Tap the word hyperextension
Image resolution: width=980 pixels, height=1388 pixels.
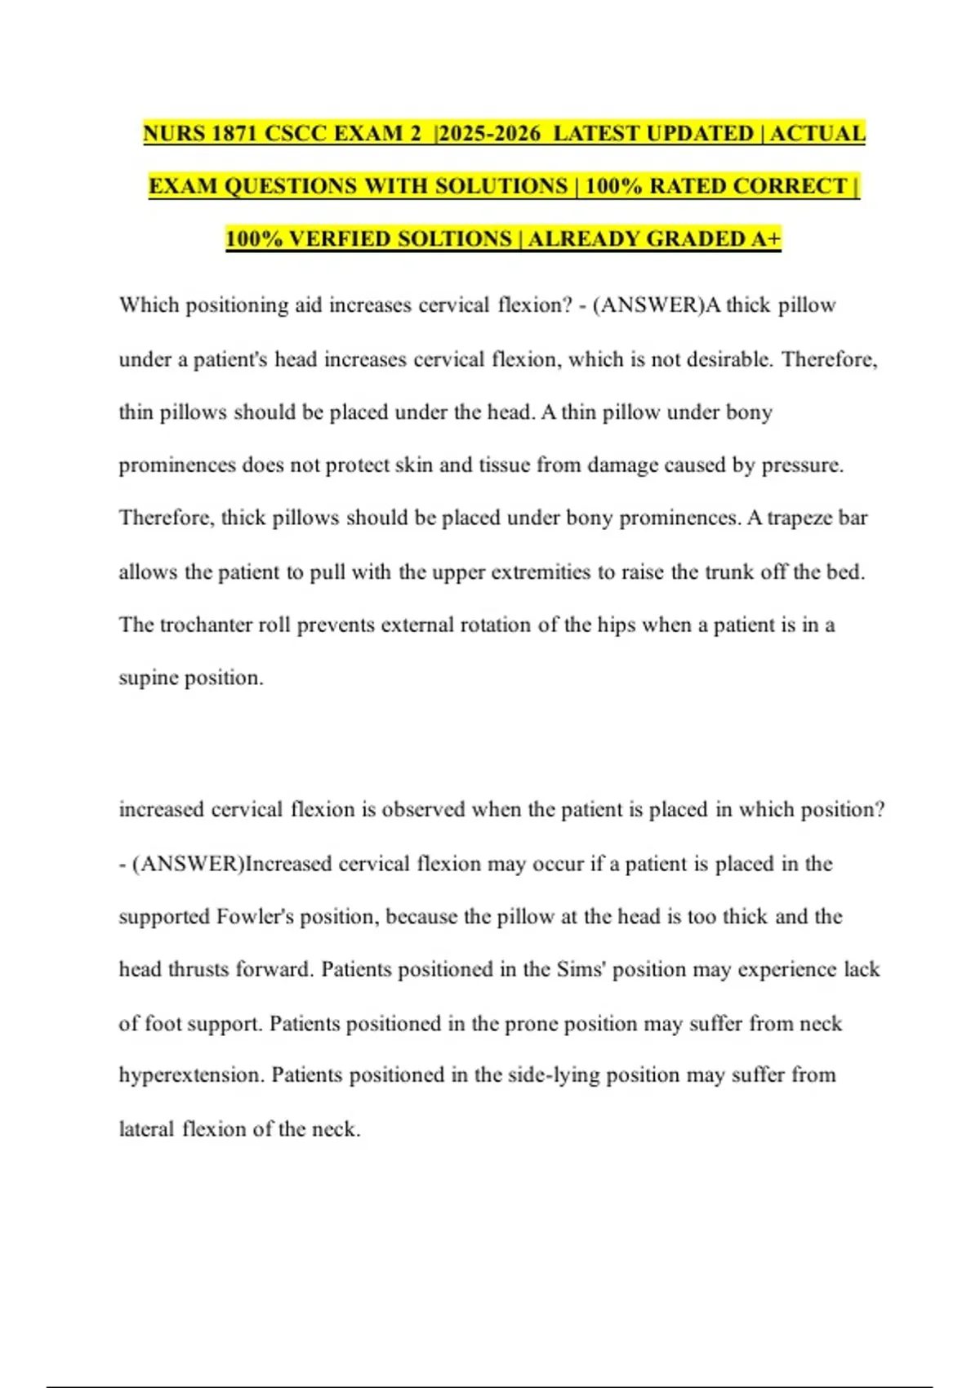tap(191, 1075)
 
